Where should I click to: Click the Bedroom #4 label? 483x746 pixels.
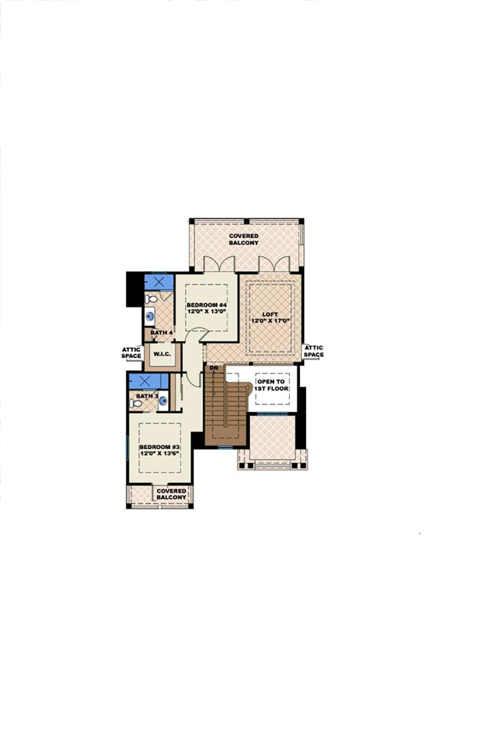point(207,305)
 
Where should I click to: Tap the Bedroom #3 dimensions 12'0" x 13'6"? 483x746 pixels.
point(159,454)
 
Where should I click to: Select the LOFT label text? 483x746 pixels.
point(270,314)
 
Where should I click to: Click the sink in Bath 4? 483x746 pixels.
point(150,317)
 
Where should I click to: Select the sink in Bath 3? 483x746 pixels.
point(163,400)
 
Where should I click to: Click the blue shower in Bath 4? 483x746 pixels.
point(159,282)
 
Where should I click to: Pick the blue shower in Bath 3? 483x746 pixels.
point(148,381)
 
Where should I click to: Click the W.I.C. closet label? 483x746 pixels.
point(162,354)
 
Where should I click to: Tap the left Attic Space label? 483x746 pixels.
point(131,352)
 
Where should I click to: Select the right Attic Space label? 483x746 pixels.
point(313,351)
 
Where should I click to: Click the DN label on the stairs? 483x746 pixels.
point(214,368)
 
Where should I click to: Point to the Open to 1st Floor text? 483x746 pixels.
point(271,385)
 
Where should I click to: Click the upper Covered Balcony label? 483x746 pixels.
point(244,239)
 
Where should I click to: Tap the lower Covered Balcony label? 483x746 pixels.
point(171,494)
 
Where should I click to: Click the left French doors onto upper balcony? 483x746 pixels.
point(219,265)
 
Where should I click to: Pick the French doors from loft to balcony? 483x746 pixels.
point(274,265)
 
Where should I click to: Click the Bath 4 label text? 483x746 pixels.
point(161,333)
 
